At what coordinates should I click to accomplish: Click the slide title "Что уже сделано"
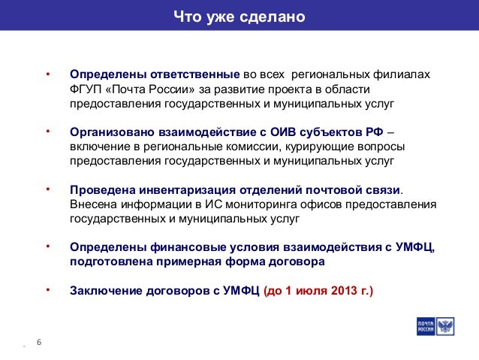click(x=239, y=15)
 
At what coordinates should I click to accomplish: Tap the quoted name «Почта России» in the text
click(x=151, y=89)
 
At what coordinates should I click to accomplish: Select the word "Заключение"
click(x=106, y=290)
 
